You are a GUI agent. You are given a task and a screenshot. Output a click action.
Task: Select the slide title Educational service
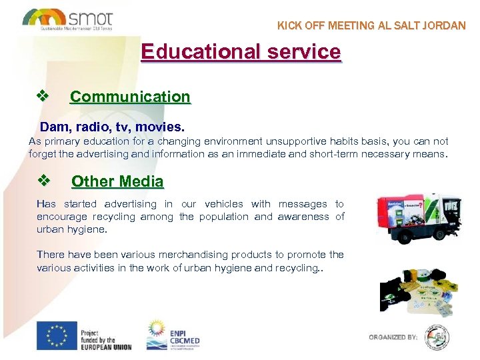pos(241,52)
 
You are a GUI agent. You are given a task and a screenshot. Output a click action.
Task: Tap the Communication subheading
pos(130,97)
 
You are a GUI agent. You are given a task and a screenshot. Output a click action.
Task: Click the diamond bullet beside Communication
pos(44,96)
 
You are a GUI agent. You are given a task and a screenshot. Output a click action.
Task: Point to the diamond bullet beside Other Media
pos(44,181)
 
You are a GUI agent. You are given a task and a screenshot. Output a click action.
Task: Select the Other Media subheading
pos(117,181)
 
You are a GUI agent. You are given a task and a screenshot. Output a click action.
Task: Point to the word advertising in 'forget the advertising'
pos(95,154)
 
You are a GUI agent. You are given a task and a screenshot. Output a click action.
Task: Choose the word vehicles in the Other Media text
pos(227,204)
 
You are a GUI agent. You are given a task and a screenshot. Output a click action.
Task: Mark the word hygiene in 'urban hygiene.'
pos(88,229)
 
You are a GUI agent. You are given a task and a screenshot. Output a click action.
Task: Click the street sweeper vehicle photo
pos(417,219)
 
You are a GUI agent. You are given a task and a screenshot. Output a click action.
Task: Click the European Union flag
pos(57,336)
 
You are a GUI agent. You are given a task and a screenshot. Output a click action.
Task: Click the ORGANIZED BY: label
pos(393,337)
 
